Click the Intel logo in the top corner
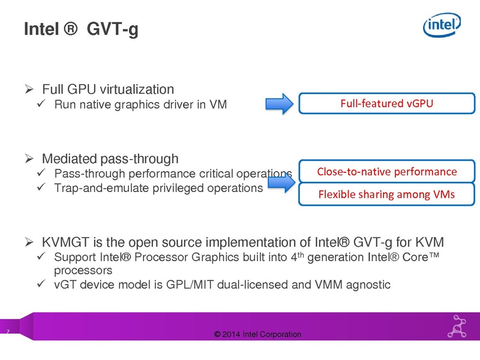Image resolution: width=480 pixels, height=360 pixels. (442, 25)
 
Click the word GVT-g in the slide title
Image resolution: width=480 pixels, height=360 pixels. (112, 29)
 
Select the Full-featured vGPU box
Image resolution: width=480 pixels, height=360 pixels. (386, 103)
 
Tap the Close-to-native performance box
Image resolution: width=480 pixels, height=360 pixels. (386, 171)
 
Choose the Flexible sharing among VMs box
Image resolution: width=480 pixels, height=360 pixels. (386, 194)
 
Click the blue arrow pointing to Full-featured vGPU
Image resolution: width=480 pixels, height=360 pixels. (279, 104)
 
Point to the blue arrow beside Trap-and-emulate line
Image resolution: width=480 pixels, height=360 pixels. (281, 183)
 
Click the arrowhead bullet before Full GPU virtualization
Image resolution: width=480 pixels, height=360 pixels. (29, 89)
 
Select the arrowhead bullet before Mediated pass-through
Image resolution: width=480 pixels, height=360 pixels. (29, 158)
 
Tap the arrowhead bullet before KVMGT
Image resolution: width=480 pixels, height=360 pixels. (29, 242)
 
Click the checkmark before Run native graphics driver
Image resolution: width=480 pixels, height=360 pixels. (41, 103)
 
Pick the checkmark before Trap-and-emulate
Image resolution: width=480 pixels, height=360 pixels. (41, 187)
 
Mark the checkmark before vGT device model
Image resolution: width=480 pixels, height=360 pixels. (41, 283)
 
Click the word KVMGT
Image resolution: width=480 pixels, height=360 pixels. (66, 242)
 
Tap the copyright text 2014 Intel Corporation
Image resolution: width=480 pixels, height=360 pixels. (257, 334)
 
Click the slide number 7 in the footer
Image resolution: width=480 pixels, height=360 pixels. (8, 332)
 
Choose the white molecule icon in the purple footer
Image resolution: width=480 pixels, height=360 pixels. (457, 326)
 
